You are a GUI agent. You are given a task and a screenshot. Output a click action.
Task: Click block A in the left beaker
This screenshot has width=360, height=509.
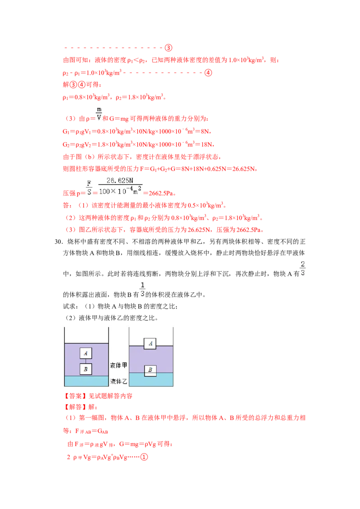[86, 353]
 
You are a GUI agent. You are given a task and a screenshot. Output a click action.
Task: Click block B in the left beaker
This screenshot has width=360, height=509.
[86, 369]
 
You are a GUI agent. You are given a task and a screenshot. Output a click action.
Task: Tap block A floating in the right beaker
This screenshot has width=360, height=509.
[150, 344]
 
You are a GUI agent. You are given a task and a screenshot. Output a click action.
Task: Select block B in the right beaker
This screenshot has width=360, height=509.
[150, 370]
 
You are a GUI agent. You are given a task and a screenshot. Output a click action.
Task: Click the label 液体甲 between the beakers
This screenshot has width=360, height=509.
[119, 365]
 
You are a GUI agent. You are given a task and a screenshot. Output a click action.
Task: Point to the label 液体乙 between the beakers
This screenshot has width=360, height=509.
[119, 381]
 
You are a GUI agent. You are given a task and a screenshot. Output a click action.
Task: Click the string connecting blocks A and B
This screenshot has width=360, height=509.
[86, 361]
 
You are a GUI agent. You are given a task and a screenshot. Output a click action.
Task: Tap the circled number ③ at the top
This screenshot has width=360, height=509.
[168, 48]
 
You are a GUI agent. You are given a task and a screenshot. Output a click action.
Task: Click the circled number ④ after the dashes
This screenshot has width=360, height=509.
[208, 73]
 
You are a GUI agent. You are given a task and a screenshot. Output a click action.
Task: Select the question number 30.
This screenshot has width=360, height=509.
[58, 241]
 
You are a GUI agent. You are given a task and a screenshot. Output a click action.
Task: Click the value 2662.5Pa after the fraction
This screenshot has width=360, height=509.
[162, 193]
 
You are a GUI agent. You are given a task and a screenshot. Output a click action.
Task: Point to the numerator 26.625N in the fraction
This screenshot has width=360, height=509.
[120, 180]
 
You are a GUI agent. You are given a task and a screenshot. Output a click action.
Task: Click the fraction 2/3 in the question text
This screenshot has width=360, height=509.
[303, 268]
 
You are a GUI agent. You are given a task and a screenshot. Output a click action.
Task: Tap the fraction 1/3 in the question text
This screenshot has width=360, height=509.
[142, 289]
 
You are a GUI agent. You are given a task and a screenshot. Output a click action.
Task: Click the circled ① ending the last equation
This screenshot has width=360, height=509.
[144, 457]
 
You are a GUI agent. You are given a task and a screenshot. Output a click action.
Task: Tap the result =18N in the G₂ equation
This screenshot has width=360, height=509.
[205, 144]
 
